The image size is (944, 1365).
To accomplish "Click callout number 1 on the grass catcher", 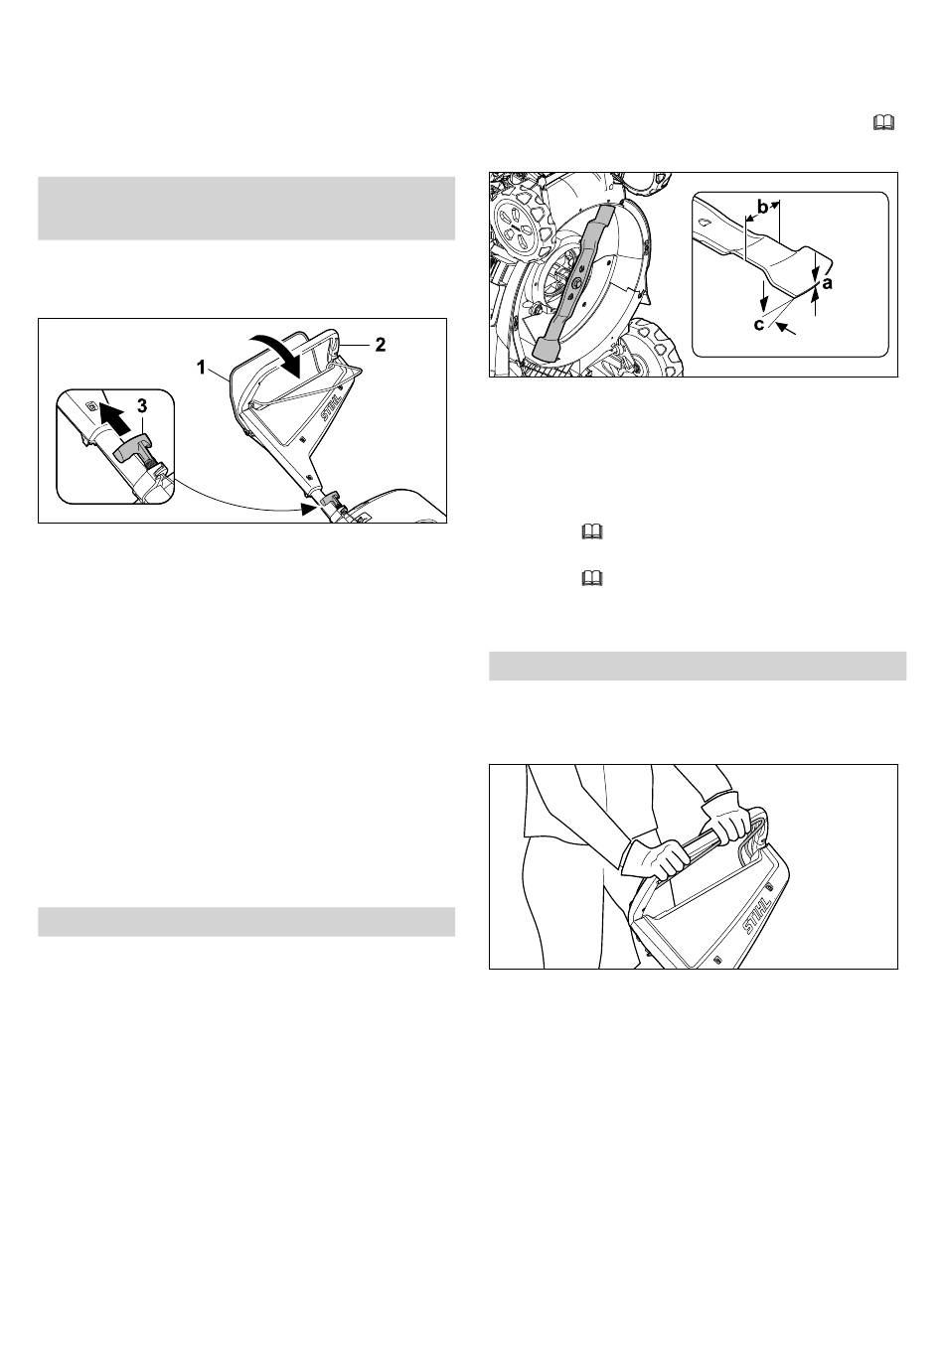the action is click(201, 368).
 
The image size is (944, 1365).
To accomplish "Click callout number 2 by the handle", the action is click(380, 345).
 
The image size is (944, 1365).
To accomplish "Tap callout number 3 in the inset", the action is click(141, 406).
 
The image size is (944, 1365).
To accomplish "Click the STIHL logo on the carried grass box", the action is click(757, 915).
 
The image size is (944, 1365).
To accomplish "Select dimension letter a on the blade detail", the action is click(827, 283).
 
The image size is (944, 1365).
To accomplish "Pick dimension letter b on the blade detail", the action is click(762, 208).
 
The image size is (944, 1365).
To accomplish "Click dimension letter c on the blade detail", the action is click(758, 325).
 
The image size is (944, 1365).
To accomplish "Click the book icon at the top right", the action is click(883, 123).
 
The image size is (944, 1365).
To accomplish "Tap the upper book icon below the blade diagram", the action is click(592, 532).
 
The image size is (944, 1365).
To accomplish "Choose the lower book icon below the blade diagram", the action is click(592, 577).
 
